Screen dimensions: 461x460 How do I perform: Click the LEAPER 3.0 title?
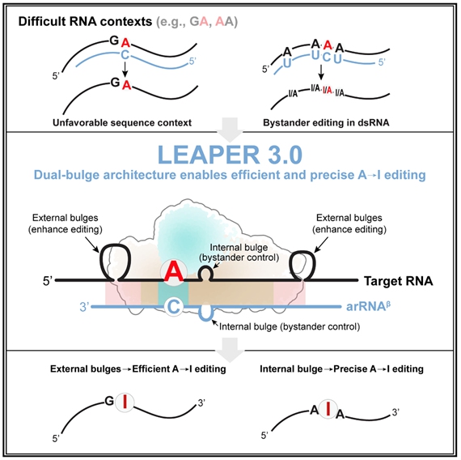point(230,155)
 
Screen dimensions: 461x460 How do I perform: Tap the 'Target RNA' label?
point(399,281)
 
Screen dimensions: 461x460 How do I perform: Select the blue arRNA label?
point(368,306)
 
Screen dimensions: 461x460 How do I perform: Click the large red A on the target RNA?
point(174,273)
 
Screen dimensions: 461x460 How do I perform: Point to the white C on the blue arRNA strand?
point(174,307)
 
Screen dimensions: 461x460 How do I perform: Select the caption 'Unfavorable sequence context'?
point(122,122)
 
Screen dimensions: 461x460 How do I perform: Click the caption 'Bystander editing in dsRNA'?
point(326,122)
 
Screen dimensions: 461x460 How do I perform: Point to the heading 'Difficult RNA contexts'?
point(85,22)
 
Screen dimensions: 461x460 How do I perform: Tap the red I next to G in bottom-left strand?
point(125,402)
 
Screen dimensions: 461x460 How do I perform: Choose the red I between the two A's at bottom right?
point(328,408)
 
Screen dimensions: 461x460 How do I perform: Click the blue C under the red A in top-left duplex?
point(125,55)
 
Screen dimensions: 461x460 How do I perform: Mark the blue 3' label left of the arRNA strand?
point(84,307)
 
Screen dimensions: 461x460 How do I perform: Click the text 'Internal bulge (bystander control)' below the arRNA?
point(290,326)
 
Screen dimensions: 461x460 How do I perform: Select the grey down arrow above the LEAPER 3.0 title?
point(230,130)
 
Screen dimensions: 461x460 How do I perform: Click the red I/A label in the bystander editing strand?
point(328,90)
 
